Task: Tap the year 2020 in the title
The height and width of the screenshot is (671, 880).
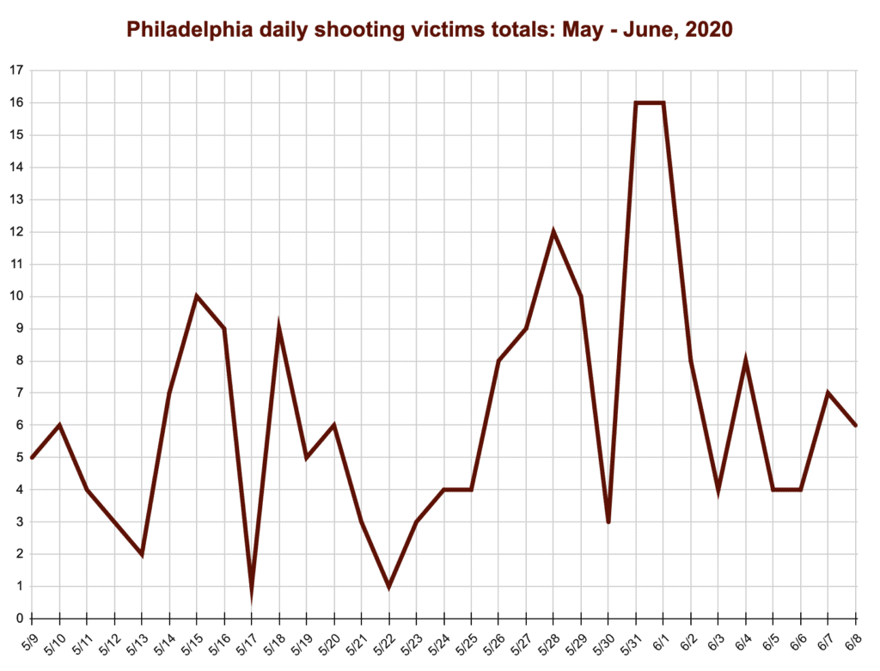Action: (x=708, y=30)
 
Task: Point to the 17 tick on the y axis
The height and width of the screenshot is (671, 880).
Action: (x=15, y=70)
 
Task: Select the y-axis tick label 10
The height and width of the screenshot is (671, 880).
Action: (x=15, y=296)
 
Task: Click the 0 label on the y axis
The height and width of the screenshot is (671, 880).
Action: (x=18, y=619)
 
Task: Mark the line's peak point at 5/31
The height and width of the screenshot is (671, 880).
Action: (x=636, y=103)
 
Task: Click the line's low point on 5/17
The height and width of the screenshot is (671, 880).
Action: (x=252, y=593)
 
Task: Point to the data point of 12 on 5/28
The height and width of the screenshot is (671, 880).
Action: (x=553, y=232)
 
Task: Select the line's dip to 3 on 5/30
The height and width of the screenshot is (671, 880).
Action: (x=608, y=522)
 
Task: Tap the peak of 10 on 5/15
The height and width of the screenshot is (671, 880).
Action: (x=197, y=296)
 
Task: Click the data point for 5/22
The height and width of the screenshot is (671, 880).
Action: (x=389, y=587)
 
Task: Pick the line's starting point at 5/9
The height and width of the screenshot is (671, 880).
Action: (x=32, y=457)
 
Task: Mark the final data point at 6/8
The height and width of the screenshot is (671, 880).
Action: (x=856, y=425)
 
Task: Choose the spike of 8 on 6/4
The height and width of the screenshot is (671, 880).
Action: (x=746, y=361)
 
